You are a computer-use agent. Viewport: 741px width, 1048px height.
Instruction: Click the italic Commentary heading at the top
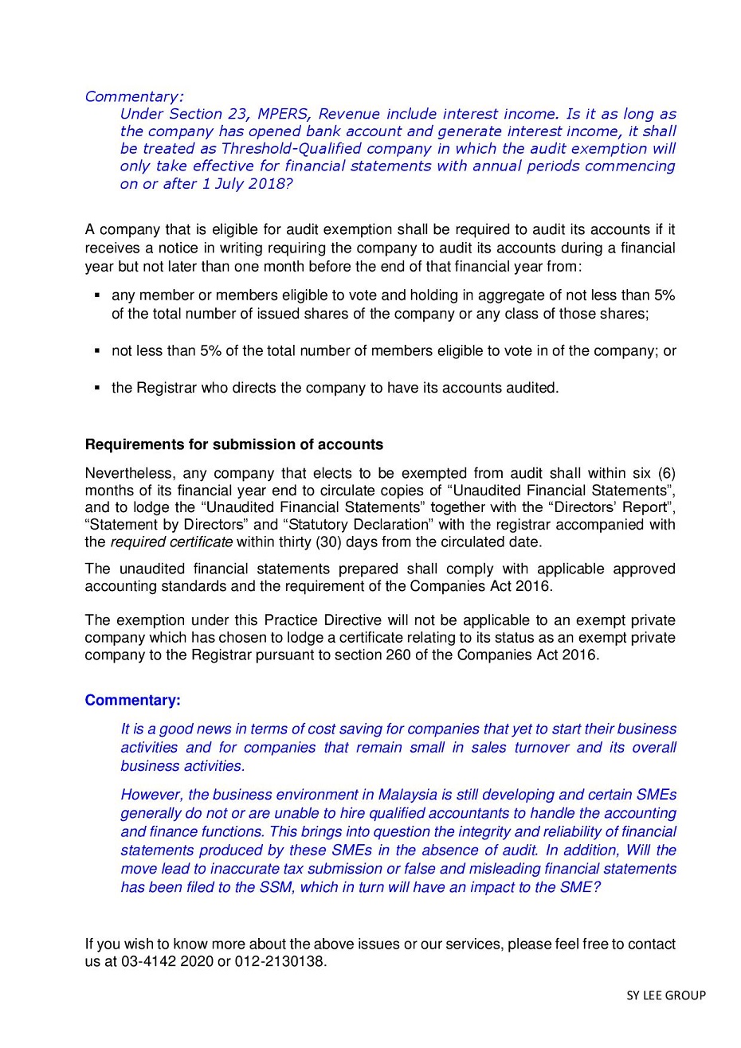(134, 96)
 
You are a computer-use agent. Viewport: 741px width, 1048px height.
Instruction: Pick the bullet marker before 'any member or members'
(96, 295)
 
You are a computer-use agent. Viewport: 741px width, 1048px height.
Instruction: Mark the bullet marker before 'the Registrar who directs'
(96, 388)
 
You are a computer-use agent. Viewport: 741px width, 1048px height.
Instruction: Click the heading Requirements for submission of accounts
(233, 444)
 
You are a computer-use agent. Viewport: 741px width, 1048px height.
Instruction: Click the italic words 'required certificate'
(171, 542)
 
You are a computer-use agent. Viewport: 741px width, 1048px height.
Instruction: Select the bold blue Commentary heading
(132, 700)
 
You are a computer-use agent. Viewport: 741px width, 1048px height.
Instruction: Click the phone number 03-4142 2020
(167, 961)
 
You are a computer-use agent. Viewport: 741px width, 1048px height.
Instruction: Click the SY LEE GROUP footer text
(665, 995)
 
